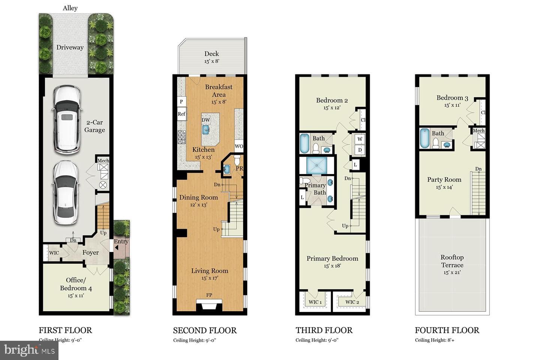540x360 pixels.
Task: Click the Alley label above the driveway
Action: click(x=70, y=8)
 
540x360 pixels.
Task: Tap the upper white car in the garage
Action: click(x=66, y=120)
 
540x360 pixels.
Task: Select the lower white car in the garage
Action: click(x=65, y=193)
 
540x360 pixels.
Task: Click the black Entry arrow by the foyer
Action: click(x=117, y=247)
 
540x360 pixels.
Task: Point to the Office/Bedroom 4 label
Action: click(x=76, y=284)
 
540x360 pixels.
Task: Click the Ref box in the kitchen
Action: click(x=181, y=114)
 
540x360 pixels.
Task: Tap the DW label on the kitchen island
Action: click(x=205, y=120)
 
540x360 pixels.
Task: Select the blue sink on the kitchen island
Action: click(x=205, y=129)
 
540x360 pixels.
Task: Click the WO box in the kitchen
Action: click(x=239, y=146)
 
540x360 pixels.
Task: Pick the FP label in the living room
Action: click(x=209, y=295)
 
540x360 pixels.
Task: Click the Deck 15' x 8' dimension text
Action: click(x=211, y=61)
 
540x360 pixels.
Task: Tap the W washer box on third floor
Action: click(x=360, y=139)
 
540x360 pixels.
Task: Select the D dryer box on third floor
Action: click(x=360, y=150)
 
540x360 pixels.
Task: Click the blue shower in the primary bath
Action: click(x=316, y=165)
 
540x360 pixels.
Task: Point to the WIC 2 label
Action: click(x=352, y=302)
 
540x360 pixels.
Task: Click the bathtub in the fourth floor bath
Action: click(x=425, y=138)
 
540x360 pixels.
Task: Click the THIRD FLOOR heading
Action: click(x=324, y=330)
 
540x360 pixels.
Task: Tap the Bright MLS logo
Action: click(x=29, y=350)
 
